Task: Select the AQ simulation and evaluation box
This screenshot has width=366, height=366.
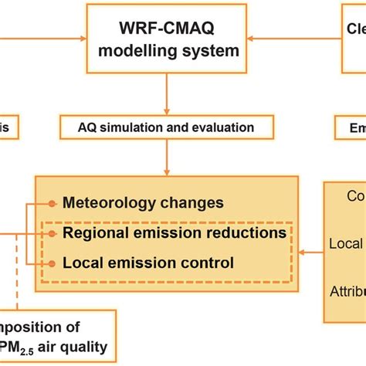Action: coord(166,126)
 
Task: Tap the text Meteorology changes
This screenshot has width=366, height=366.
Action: coord(143,203)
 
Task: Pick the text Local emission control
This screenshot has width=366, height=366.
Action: coord(148,263)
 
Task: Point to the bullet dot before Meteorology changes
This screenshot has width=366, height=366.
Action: coord(53,204)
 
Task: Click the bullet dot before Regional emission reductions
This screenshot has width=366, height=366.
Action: coord(53,233)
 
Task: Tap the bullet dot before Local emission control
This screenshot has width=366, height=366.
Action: coord(53,263)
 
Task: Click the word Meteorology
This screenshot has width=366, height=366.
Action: coord(106,203)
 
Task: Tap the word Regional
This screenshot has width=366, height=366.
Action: coord(92,232)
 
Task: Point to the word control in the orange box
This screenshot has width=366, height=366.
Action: coord(205,263)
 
